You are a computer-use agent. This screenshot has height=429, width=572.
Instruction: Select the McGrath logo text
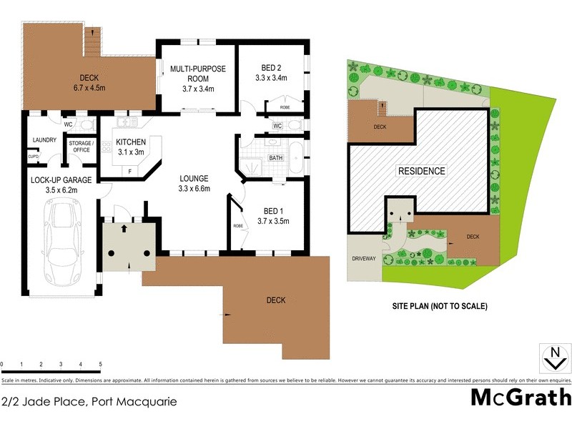521,397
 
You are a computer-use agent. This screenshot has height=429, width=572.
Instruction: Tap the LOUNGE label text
194,178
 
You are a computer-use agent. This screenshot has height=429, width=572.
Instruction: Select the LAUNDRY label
44,139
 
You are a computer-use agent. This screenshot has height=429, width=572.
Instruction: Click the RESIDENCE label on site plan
422,171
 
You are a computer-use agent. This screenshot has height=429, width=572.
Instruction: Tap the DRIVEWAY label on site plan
363,258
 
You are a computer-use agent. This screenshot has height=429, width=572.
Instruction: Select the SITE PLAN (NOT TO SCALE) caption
439,306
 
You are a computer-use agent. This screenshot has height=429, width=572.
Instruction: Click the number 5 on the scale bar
101,365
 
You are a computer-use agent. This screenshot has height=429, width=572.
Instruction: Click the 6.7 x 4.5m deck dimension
89,89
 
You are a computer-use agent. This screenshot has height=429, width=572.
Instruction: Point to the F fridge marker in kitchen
129,172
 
